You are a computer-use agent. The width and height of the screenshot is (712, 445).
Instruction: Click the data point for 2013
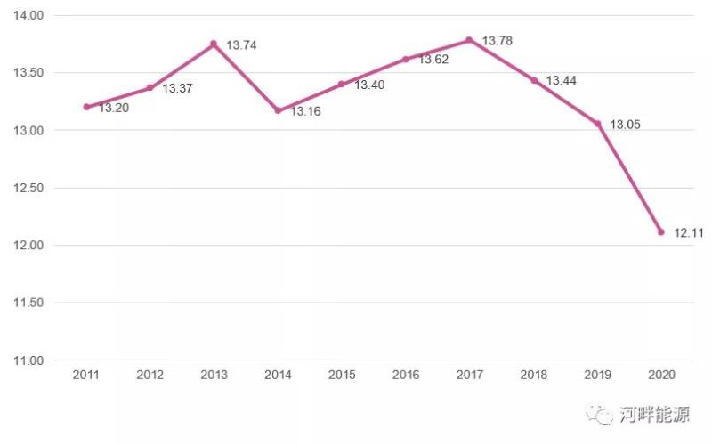pos(214,44)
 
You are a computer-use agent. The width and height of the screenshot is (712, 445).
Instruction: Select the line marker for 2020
pos(661,231)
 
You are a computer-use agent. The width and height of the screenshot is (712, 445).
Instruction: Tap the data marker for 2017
pos(469,39)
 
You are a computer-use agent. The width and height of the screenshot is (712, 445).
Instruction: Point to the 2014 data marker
pos(278,110)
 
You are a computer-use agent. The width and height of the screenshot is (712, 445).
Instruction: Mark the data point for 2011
pos(86,107)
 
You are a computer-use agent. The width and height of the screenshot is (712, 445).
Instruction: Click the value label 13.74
pos(241,44)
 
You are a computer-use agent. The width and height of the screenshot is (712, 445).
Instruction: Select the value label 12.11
pos(688,233)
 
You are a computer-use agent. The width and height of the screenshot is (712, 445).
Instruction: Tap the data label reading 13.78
pos(497,41)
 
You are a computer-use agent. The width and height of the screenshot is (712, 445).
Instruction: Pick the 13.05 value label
pos(625,125)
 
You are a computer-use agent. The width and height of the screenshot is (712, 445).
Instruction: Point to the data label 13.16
pos(305,112)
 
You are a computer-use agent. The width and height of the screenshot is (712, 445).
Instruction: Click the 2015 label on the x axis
pos(342,376)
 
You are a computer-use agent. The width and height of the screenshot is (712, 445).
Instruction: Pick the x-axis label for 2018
pos(533,376)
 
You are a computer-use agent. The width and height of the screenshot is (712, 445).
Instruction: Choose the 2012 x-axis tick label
pos(150,376)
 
